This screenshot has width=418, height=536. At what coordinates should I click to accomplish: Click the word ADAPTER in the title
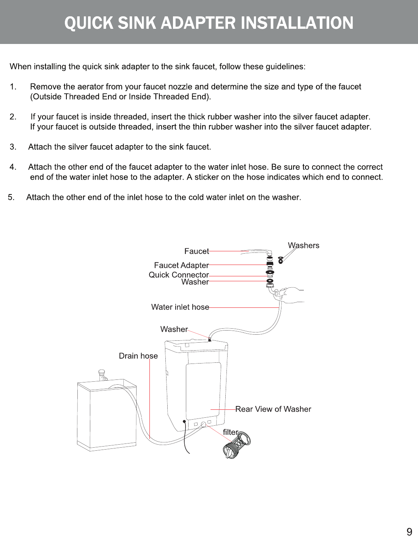point(198,23)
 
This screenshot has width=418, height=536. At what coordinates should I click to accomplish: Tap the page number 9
point(409,531)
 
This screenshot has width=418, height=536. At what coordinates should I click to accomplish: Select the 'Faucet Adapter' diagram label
point(181,265)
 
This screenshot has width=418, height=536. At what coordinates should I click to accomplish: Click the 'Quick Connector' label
point(179,275)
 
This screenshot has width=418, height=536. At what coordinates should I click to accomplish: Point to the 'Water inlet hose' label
point(180,307)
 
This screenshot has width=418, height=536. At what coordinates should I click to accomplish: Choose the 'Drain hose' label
point(138,356)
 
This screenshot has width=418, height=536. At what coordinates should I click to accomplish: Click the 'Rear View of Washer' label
point(273,409)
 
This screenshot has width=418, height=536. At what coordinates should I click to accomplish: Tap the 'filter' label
point(230,432)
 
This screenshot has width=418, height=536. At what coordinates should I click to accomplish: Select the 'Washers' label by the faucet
point(303,245)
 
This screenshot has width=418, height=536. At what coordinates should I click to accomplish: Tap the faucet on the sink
point(102,375)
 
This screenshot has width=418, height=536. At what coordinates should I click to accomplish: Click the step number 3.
point(13,147)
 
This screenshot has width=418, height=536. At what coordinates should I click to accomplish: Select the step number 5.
point(11,197)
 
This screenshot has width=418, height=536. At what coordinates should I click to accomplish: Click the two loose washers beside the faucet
point(281,260)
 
